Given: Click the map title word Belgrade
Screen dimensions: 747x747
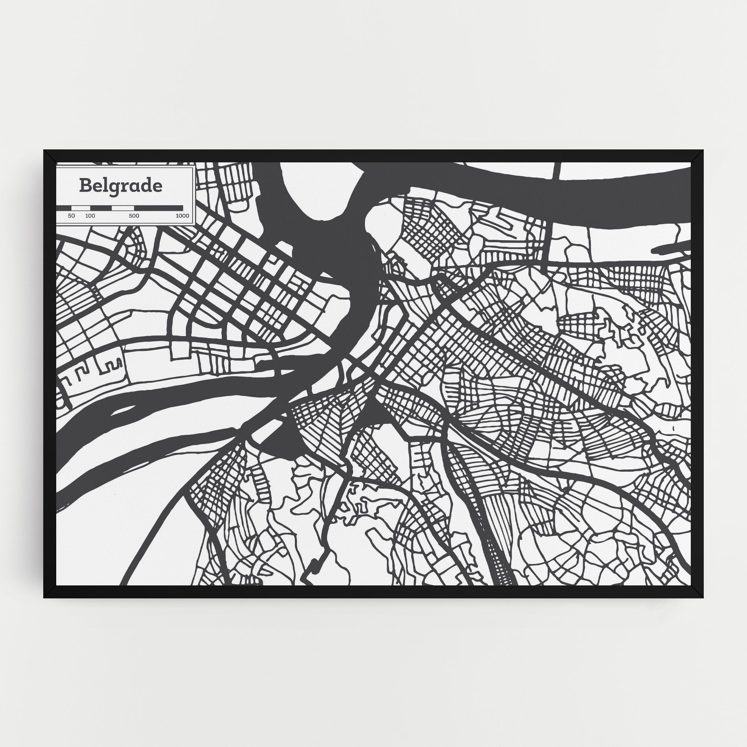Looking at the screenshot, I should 120,186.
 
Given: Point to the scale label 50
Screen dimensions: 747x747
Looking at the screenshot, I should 71,216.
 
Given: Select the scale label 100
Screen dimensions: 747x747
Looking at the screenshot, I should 90,216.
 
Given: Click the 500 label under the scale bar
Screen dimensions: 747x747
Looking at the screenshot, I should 134,216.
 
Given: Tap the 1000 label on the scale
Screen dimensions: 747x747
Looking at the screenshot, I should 182,216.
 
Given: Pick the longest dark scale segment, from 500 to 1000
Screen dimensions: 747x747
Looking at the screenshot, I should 161,208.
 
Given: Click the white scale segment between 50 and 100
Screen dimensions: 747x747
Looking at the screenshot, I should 82,208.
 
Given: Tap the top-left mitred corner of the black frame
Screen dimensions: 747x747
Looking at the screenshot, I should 50,156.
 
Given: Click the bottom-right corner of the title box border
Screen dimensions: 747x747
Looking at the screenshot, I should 193,224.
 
